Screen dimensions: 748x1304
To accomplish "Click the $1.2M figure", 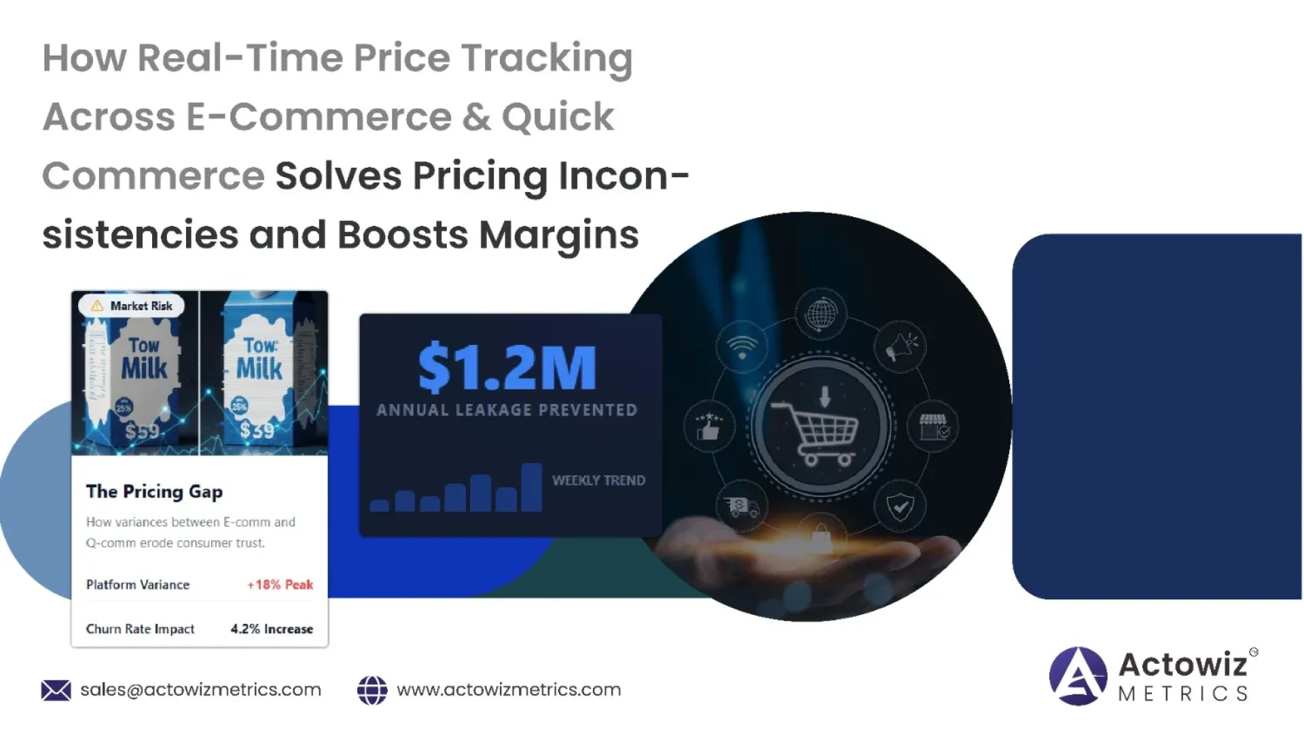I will (507, 369).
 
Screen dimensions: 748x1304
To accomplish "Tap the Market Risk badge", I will (132, 306).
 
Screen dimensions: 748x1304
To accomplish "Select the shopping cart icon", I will (819, 432).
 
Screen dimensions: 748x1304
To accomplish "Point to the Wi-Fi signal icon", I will (742, 347).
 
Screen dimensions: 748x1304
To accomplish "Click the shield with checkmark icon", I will (901, 506).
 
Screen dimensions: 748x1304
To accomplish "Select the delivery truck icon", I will (742, 506).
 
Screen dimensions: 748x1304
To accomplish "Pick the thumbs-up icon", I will (708, 427).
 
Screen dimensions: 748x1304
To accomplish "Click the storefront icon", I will (934, 427).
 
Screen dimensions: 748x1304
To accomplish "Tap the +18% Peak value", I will (280, 584).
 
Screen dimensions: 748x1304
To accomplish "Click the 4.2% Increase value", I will (272, 629).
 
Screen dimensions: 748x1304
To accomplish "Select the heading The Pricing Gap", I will (154, 491).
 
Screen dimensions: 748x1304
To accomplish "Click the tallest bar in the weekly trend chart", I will (531, 487).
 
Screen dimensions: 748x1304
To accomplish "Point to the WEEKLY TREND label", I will (598, 481).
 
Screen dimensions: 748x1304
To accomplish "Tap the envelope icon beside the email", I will (56, 690).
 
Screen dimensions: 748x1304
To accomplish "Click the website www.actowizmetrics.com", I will (509, 690).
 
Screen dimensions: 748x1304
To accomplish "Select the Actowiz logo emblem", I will (1078, 676).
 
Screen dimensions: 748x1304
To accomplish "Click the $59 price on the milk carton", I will (142, 431).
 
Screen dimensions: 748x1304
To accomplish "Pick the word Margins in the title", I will (558, 235).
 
